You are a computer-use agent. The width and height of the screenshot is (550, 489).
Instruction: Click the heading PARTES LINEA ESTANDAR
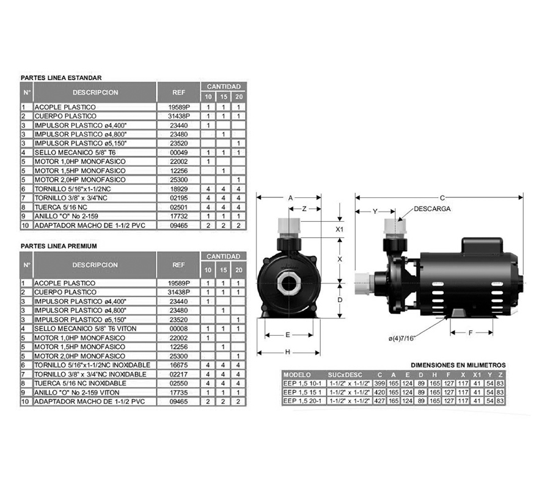61,78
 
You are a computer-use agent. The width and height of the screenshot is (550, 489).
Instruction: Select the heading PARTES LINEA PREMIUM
59,246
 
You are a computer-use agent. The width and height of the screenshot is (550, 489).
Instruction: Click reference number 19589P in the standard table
179,107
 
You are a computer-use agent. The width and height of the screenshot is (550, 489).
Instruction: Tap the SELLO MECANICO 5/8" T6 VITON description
85,329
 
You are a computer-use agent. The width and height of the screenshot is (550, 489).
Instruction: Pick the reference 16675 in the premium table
178,365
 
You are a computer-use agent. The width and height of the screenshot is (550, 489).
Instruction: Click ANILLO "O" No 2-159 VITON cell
76,392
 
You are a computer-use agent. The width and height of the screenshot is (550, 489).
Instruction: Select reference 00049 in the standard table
179,153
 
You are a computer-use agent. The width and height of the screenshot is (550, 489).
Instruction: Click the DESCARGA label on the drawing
432,208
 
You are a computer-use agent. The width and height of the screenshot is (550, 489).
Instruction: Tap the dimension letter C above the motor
442,198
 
